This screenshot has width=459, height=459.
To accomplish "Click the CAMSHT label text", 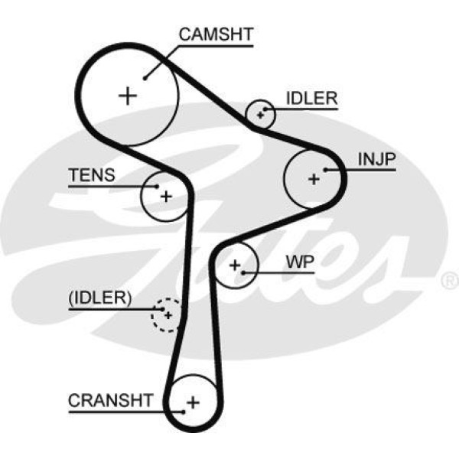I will [215, 34].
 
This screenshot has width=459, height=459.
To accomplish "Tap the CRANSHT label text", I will [111, 400].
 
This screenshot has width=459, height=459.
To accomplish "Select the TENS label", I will [92, 174].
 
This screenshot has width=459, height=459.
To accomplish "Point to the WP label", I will [300, 262].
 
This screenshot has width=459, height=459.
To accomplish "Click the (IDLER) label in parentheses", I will [100, 298].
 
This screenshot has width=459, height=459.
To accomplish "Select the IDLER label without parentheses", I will [311, 98].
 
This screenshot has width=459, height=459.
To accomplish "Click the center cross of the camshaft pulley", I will [128, 95].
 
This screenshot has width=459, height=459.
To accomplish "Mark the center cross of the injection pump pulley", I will [313, 179].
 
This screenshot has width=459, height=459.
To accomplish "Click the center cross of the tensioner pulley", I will [165, 196].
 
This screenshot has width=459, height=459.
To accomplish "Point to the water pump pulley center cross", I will [235, 265].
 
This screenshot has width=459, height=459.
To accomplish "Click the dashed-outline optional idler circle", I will [166, 314].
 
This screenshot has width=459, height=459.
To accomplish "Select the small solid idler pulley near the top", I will [260, 115].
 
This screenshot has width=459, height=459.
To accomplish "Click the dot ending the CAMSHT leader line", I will [144, 77].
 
